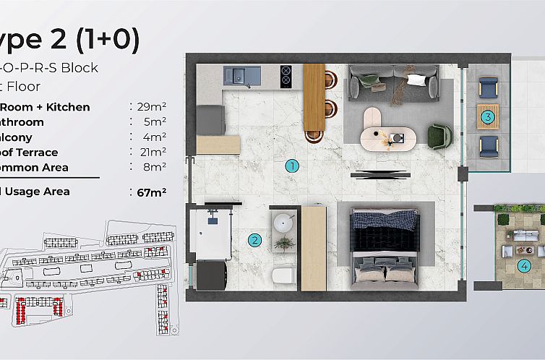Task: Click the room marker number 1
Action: (x=292, y=166)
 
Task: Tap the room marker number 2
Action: (x=254, y=241)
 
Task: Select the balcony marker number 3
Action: (x=489, y=116)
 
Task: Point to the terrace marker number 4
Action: (x=523, y=267)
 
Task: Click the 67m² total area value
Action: (x=152, y=192)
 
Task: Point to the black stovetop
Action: (x=285, y=75)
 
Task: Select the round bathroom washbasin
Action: (x=283, y=223)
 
